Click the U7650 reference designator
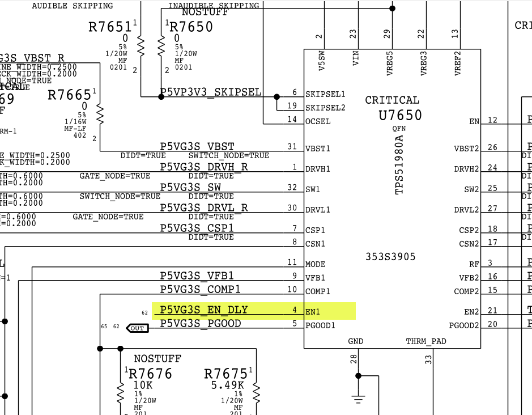point(400,115)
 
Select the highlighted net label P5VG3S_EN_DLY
point(204,310)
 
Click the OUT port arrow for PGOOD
point(137,328)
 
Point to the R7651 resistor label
point(110,27)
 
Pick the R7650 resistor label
point(191,27)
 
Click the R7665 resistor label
point(69,95)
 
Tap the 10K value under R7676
point(143,386)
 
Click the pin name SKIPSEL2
point(325,107)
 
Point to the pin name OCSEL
point(317,121)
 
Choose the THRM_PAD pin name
point(426,341)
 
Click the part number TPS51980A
point(400,165)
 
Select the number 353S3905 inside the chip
point(390,257)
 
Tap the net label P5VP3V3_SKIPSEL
point(211,92)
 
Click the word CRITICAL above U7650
point(392,100)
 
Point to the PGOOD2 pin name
point(464,325)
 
